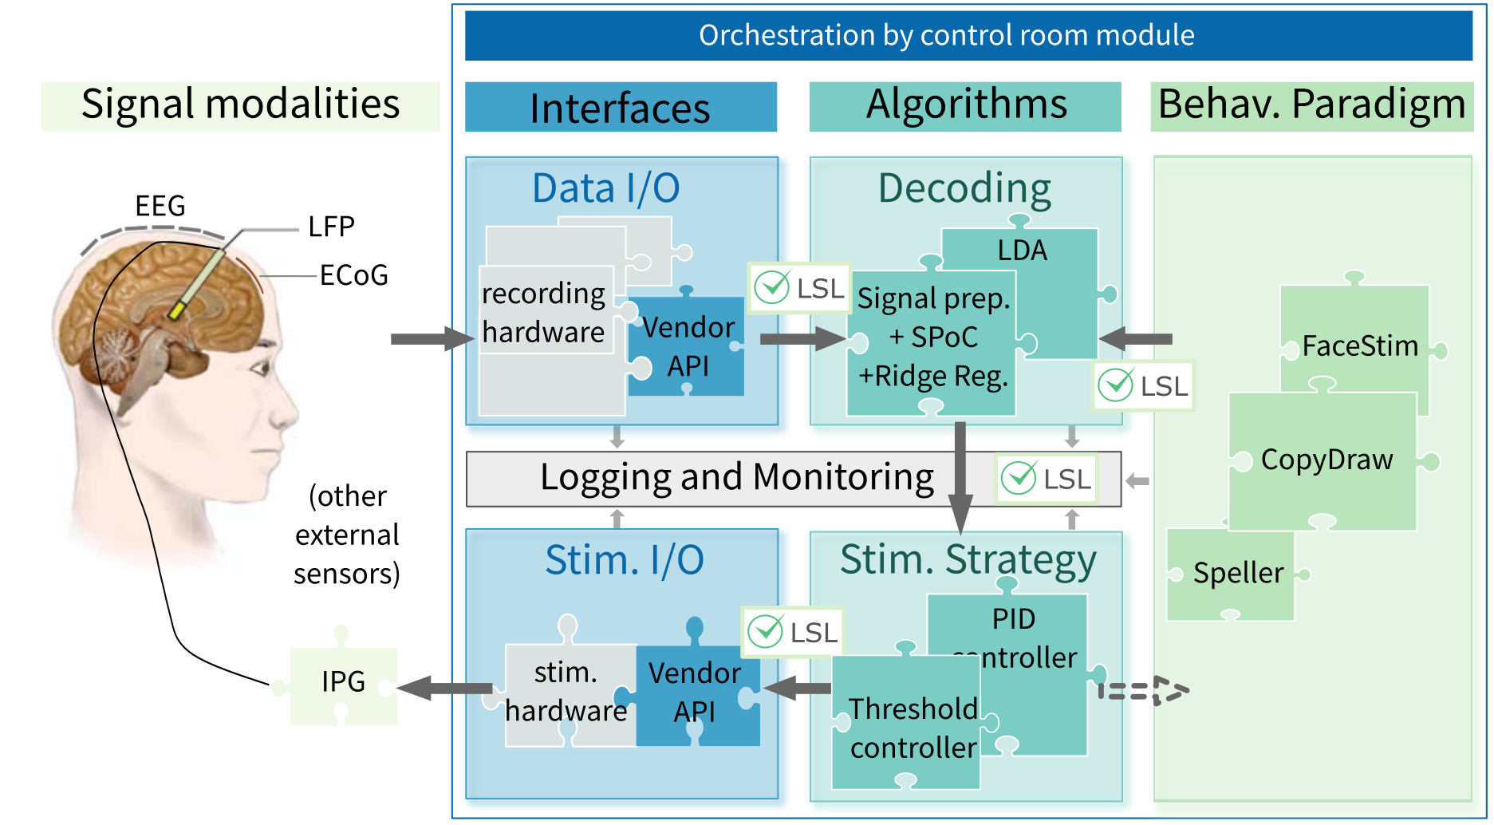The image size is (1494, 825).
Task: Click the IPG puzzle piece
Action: [343, 683]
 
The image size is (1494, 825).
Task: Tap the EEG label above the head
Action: [160, 206]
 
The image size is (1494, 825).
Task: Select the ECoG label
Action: [353, 275]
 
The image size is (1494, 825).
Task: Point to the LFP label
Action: [331, 227]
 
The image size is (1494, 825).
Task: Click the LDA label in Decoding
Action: [1022, 251]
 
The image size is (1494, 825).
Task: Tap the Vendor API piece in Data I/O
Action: [688, 346]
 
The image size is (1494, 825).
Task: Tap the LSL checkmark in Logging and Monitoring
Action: [1019, 478]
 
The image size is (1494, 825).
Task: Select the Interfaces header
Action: [620, 108]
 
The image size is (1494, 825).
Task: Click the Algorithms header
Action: [965, 105]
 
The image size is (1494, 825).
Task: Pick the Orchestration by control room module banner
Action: [946, 36]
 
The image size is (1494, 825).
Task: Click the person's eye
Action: [260, 369]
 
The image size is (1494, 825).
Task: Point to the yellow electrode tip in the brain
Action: [175, 311]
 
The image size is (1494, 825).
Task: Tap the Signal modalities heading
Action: [240, 105]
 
